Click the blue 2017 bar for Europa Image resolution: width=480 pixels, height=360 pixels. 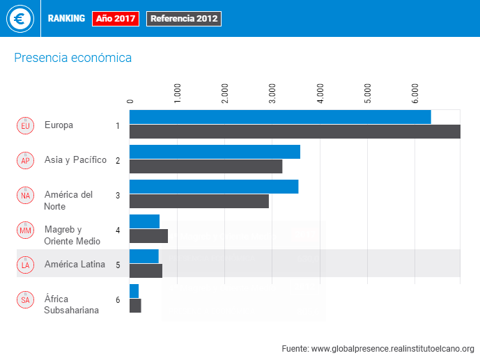tap(280, 117)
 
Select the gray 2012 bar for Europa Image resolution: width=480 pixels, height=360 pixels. tap(295, 132)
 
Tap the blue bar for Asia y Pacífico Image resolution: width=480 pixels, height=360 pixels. tap(215, 152)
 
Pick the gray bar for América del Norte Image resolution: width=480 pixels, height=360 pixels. tap(199, 201)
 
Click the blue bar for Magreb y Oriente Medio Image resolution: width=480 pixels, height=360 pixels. tap(144, 221)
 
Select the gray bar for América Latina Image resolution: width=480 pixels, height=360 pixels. tap(146, 271)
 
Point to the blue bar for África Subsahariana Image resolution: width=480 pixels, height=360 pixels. tap(134, 291)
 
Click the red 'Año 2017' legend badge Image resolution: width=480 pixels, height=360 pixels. tap(116, 19)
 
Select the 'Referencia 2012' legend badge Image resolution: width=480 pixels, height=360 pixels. tap(184, 19)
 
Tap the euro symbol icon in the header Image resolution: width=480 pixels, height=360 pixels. tap(20, 19)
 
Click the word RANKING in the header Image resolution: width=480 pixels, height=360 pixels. tap(66, 19)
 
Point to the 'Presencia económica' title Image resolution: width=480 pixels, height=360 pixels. tap(72, 58)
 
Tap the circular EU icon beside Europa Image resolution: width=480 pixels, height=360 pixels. tap(25, 125)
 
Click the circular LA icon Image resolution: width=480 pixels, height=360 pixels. tap(25, 265)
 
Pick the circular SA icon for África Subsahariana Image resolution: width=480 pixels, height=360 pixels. tap(25, 299)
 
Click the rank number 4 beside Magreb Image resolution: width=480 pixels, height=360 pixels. tap(118, 230)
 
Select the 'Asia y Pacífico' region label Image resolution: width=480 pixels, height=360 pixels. tap(75, 160)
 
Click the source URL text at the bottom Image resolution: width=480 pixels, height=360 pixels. tap(378, 348)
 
